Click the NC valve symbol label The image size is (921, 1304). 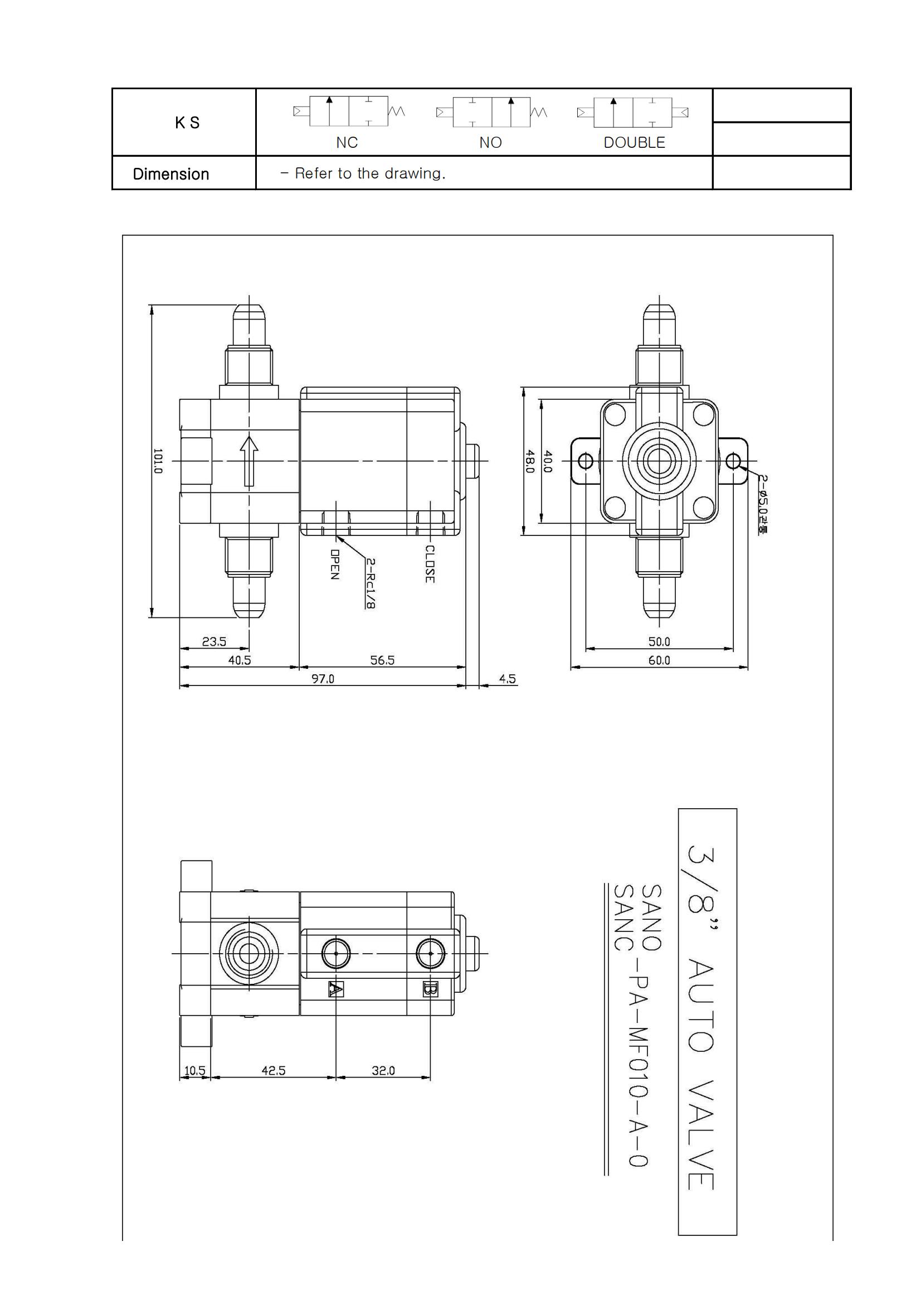[x=347, y=143]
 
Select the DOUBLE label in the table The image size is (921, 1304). [x=634, y=143]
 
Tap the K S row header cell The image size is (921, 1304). [x=187, y=123]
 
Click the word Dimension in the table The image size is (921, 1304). [x=171, y=174]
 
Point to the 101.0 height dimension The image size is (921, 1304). [x=158, y=461]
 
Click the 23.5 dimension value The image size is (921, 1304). [x=214, y=642]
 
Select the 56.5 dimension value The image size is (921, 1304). [x=382, y=660]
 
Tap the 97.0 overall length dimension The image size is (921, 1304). [x=322, y=679]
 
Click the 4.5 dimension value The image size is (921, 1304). [x=508, y=679]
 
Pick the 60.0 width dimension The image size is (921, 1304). [x=659, y=660]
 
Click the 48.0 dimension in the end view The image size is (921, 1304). [x=530, y=461]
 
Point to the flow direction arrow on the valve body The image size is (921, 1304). [x=248, y=461]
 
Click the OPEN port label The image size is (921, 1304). [x=335, y=564]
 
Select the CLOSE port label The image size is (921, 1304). [x=430, y=563]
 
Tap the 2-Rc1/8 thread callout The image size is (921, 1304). [x=369, y=583]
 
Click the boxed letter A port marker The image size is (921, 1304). [x=336, y=989]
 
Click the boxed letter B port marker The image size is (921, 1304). [x=430, y=989]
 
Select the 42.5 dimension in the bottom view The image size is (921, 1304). [x=273, y=1070]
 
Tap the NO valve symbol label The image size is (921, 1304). [x=490, y=143]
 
